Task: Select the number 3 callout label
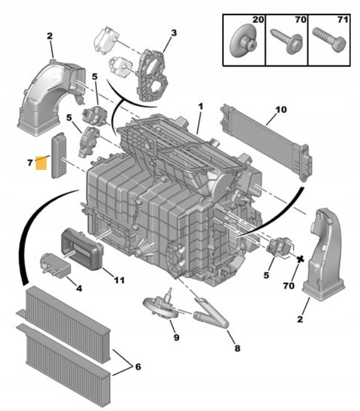click(174, 33)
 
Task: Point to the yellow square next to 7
click(42, 163)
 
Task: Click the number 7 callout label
click(29, 163)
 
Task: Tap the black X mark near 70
click(299, 258)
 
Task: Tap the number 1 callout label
click(200, 107)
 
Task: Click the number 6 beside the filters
click(138, 367)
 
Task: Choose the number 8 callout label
click(237, 348)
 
